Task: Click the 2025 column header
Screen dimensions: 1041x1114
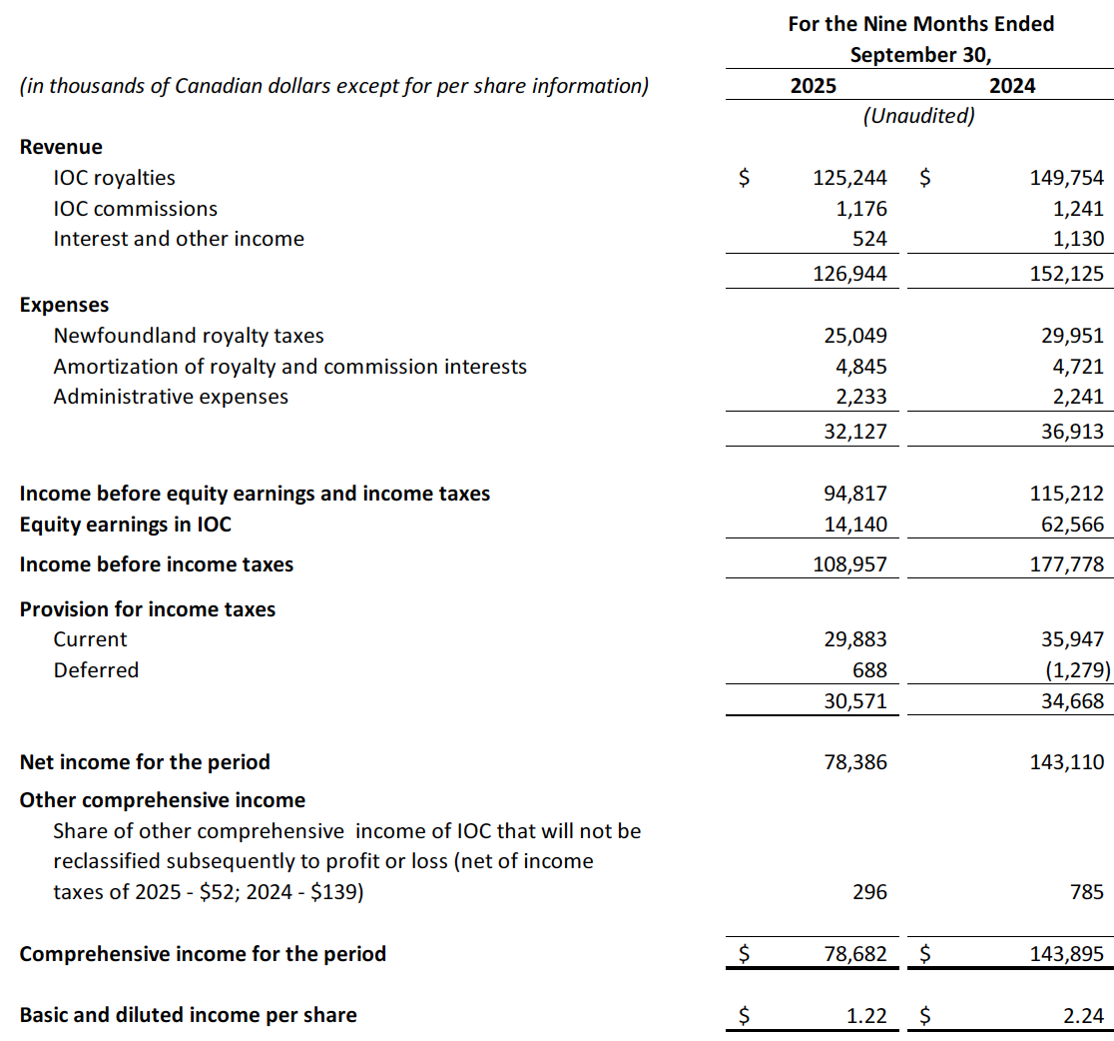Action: click(814, 86)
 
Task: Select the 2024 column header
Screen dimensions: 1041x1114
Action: click(1012, 86)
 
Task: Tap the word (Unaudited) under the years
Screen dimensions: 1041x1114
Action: click(918, 116)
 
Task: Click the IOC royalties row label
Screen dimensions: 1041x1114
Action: click(114, 178)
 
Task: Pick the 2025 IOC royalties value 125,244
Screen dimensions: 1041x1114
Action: click(849, 178)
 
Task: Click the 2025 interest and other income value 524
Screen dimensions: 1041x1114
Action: click(869, 239)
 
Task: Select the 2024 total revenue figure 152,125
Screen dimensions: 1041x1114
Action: click(1067, 273)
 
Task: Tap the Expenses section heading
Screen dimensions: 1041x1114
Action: click(64, 305)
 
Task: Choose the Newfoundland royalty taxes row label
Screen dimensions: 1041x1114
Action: click(189, 336)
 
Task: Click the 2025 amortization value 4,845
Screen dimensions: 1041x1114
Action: click(860, 367)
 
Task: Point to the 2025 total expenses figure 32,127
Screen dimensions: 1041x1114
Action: click(855, 432)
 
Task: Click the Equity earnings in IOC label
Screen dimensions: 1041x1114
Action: click(125, 524)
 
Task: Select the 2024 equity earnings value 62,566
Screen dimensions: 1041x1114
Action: click(1072, 524)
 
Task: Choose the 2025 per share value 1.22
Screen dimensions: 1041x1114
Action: click(866, 1016)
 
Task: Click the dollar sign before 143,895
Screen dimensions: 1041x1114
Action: click(924, 954)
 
